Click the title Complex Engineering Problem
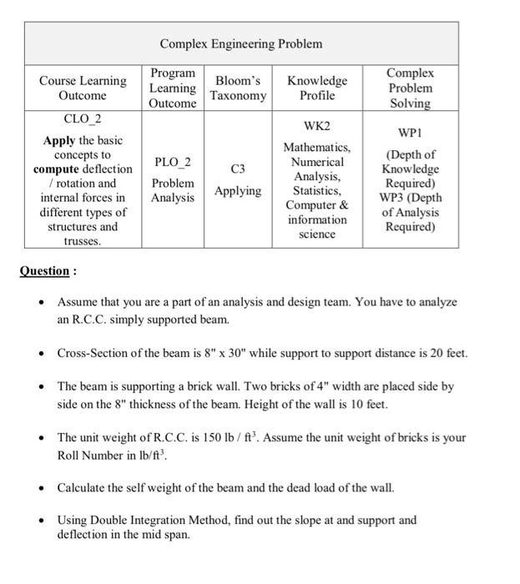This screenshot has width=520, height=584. click(240, 43)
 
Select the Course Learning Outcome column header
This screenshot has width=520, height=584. click(83, 88)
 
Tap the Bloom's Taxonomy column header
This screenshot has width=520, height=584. click(238, 88)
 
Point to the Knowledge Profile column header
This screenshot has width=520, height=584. click(317, 88)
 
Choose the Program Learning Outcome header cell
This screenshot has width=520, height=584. click(173, 88)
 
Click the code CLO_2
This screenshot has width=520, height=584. click(83, 119)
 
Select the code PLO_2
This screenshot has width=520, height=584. click(173, 161)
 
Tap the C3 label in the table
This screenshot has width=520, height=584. click(238, 169)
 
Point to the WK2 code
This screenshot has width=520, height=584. click(317, 126)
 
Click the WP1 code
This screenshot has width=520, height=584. click(410, 133)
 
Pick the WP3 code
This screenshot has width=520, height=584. click(396, 198)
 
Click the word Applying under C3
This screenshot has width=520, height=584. click(238, 191)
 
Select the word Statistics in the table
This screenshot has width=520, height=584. click(317, 191)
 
